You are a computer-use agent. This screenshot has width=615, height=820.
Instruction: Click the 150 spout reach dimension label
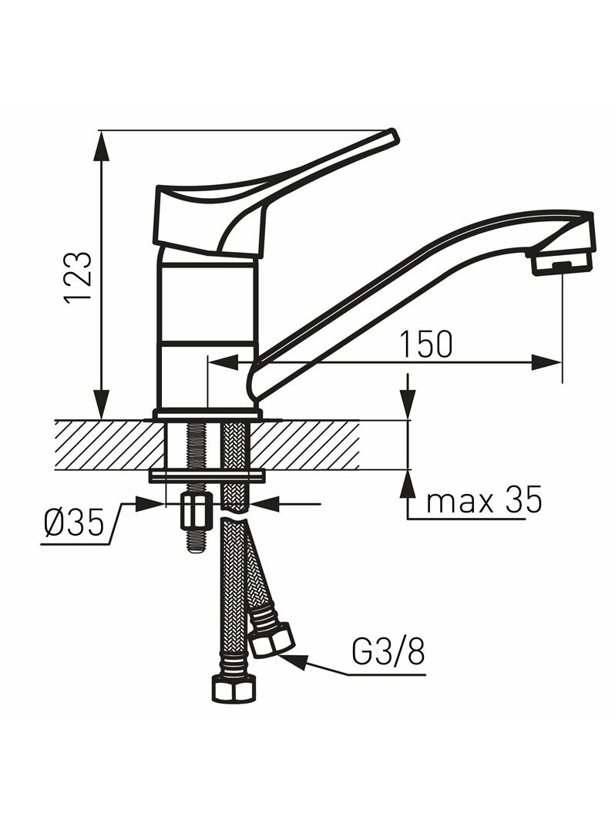(x=425, y=344)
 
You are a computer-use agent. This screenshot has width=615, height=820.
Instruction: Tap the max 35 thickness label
(x=484, y=501)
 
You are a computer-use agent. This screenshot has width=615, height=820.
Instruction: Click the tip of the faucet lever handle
(x=395, y=136)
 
